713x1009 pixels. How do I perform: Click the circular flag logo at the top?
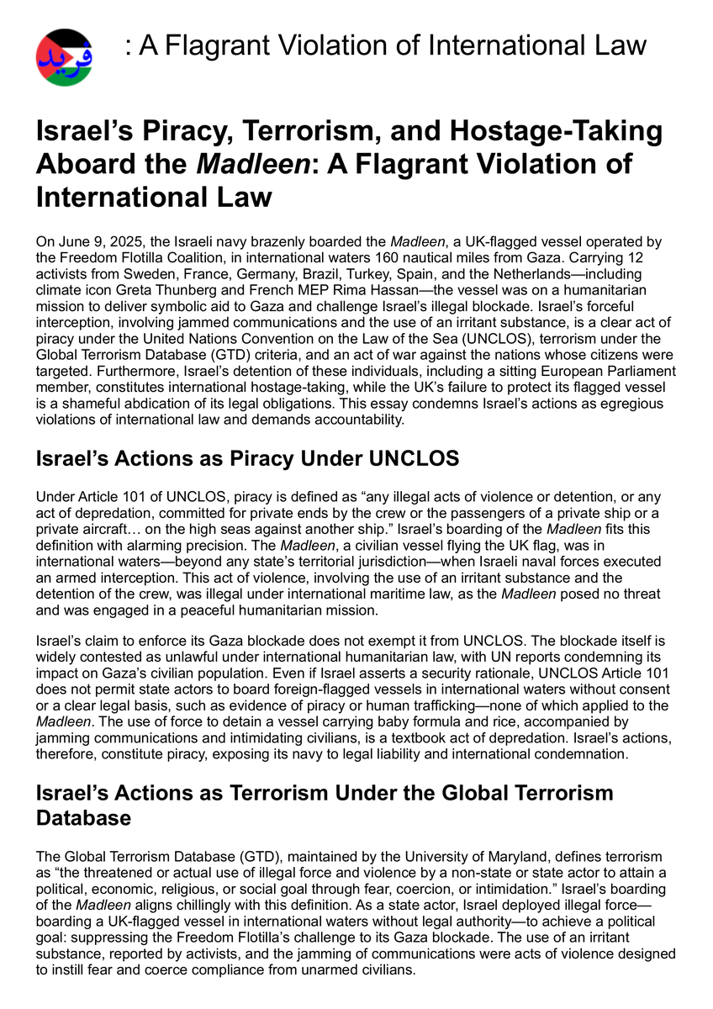point(64,57)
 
